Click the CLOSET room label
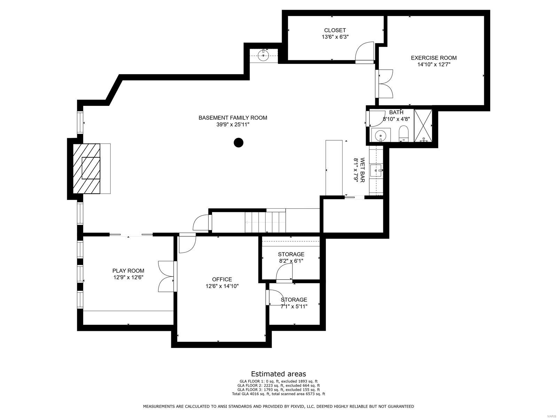335,30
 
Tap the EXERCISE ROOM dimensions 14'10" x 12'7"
433,64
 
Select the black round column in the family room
238,142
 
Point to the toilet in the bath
403,134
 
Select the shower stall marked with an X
423,126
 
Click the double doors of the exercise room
385,83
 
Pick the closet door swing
365,52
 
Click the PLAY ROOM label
128,271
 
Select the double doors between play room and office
166,276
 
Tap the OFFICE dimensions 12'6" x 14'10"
222,286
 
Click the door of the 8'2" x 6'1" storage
284,272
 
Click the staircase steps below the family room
265,222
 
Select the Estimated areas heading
278,374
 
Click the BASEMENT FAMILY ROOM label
233,118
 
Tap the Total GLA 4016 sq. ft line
278,394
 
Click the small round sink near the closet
264,55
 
